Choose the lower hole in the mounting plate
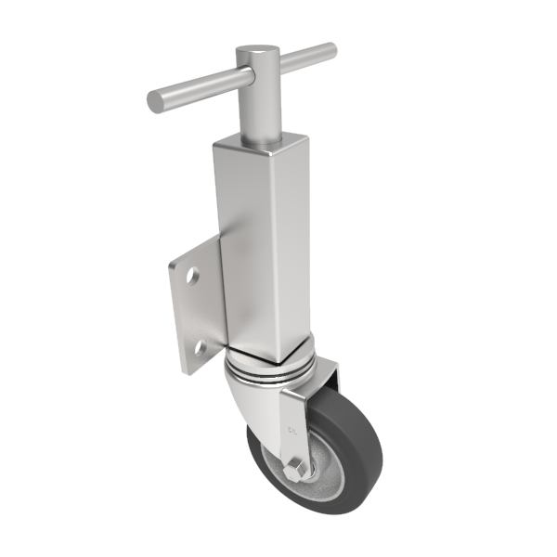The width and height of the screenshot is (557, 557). click(198, 348)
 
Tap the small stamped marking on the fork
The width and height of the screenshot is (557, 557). click(293, 430)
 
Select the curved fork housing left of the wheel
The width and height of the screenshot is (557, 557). click(249, 399)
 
